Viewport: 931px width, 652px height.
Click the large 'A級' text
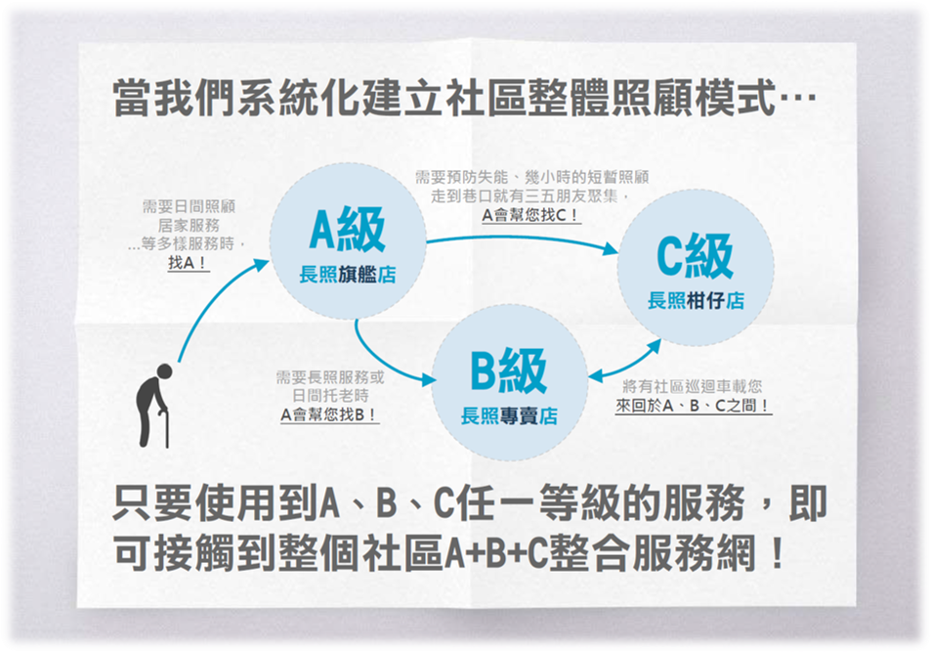348,230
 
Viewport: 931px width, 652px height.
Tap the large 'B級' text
508,371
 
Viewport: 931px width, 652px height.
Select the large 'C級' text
695,256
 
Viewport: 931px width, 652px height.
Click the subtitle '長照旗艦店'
348,275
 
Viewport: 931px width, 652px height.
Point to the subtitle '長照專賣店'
509,416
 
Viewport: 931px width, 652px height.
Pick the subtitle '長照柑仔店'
696,301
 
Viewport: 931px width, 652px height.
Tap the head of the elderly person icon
164,371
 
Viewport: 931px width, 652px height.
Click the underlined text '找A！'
188,262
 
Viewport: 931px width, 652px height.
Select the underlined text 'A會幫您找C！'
530,215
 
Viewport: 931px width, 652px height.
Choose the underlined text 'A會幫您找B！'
329,414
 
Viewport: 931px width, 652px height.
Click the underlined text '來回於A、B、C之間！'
694,406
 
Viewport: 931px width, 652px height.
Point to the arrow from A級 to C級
523,237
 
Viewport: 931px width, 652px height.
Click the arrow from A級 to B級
380,363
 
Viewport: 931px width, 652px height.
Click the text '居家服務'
189,225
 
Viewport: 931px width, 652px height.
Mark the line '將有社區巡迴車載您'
693,387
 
